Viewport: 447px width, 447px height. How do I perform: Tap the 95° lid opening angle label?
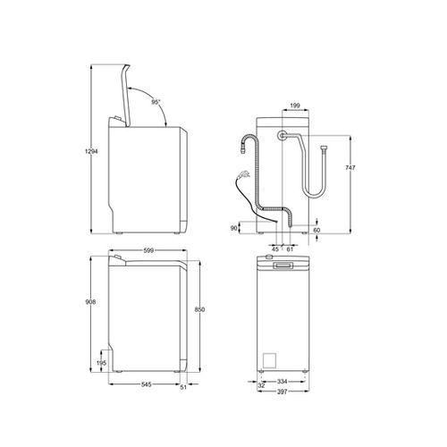[156, 104]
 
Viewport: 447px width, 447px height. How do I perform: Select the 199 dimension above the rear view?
[295, 105]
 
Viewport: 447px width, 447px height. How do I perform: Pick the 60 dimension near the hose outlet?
[317, 230]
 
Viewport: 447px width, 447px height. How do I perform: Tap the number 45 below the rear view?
[275, 249]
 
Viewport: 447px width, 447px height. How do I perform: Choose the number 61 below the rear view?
[288, 249]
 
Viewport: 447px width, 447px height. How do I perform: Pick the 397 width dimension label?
[283, 392]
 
